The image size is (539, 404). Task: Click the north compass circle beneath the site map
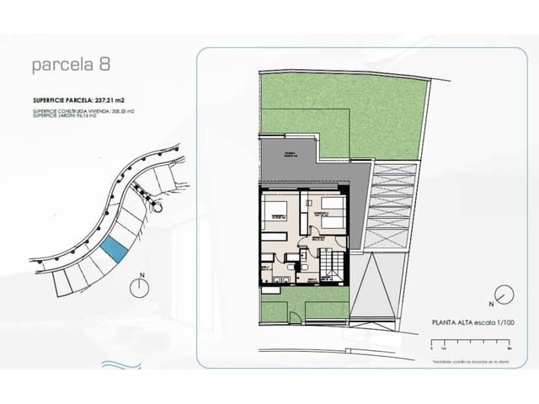coord(141,287)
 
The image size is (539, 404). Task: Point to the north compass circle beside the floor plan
coord(504,295)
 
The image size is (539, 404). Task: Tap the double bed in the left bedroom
coord(277,210)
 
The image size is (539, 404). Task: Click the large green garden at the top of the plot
coord(337,109)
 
